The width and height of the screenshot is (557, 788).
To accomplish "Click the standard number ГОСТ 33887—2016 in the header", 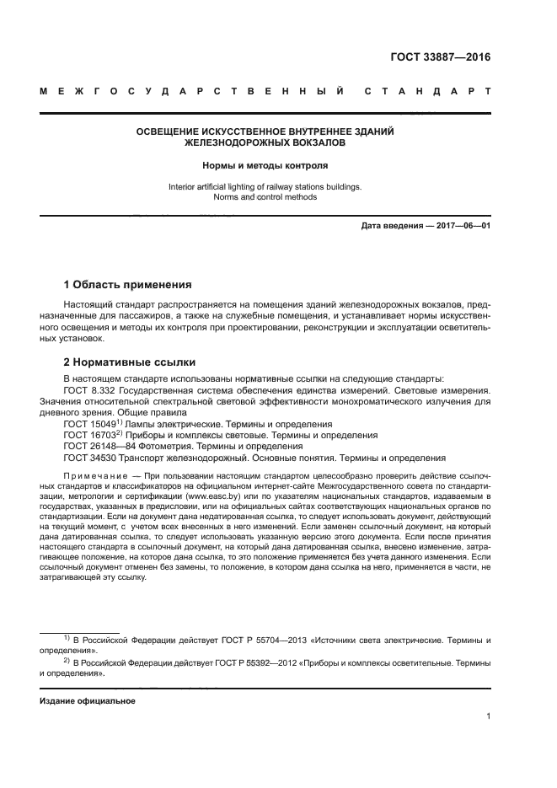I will point(442,58).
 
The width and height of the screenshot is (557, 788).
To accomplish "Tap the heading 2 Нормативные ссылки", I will point(130,362).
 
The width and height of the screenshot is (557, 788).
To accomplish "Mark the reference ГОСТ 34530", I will point(90,458).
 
